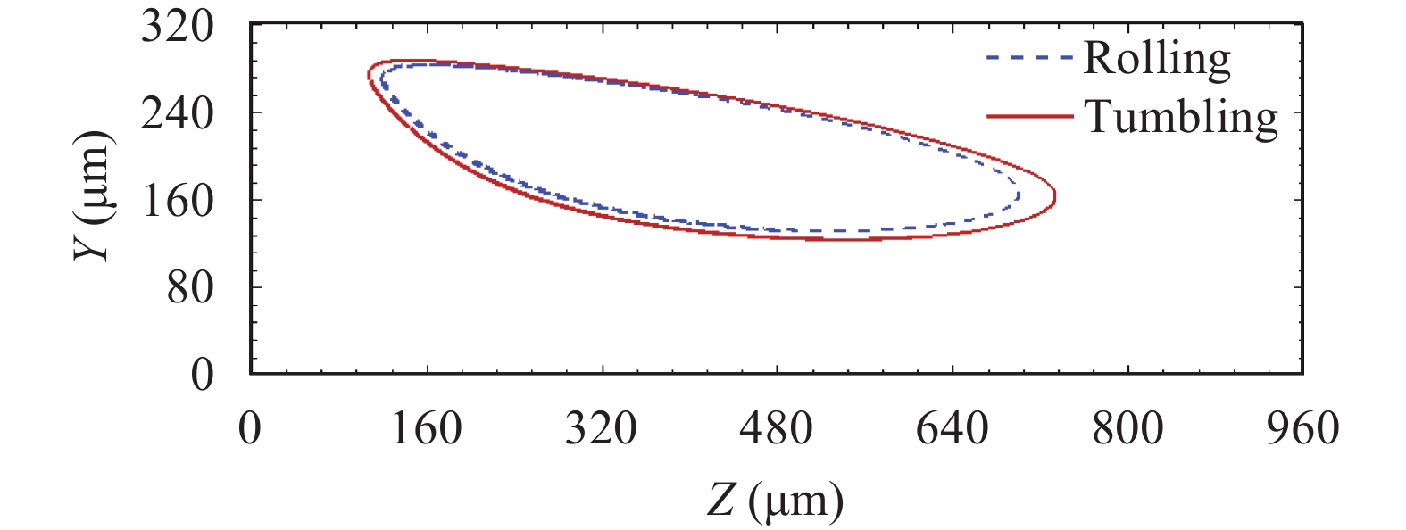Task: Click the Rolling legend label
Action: pos(1157,59)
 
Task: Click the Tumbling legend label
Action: pos(1181,117)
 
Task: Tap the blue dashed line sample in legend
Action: pos(1028,59)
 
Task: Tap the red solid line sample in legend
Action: pos(1028,116)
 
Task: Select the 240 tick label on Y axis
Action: pos(178,113)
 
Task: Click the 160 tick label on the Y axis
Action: pos(178,200)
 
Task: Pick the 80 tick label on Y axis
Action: pos(190,287)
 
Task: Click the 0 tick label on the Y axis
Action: pos(203,374)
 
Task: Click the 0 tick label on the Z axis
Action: pos(250,428)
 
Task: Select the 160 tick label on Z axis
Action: pos(426,428)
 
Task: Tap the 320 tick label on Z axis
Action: pos(601,428)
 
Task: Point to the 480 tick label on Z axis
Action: pos(777,428)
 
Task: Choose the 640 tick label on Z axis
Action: pos(952,428)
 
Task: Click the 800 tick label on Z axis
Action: pos(1127,428)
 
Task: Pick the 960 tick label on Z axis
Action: pos(1302,428)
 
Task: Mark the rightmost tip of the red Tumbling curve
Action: pos(1056,197)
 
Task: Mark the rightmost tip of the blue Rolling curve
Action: pos(1019,194)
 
